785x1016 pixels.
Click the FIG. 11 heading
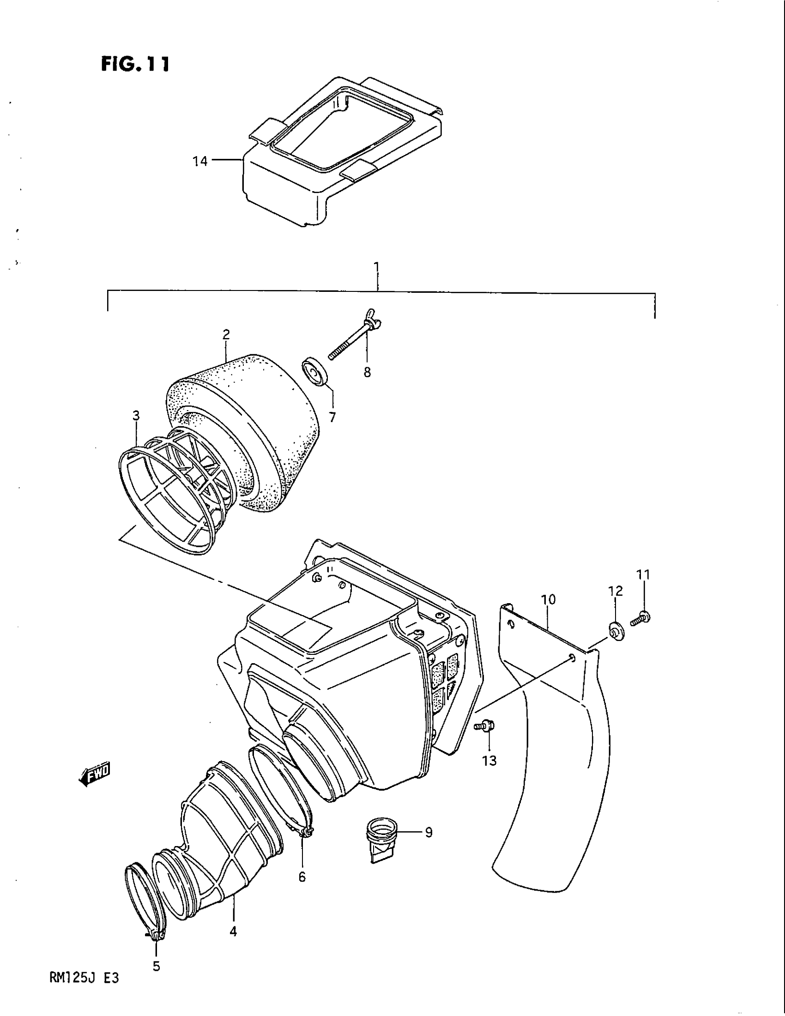[134, 64]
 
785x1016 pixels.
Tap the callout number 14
[200, 162]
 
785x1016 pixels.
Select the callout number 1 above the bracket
[377, 267]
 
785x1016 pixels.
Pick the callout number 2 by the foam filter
[226, 334]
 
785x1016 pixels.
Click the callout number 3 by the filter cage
[136, 416]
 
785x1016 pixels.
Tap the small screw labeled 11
[640, 618]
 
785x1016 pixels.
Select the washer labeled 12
[616, 630]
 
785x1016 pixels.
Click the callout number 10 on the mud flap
[549, 599]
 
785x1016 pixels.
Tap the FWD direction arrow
[95, 773]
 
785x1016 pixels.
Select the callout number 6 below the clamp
[302, 877]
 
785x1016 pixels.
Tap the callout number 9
[429, 832]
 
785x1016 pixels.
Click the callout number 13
[489, 761]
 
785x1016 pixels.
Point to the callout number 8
[368, 372]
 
